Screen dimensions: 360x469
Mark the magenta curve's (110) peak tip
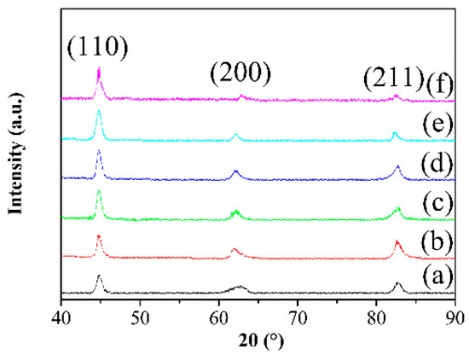pyautogui.click(x=99, y=68)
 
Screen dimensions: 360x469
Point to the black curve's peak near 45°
pyautogui.click(x=99, y=276)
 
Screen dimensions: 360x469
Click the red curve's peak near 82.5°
pyautogui.click(x=397, y=241)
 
